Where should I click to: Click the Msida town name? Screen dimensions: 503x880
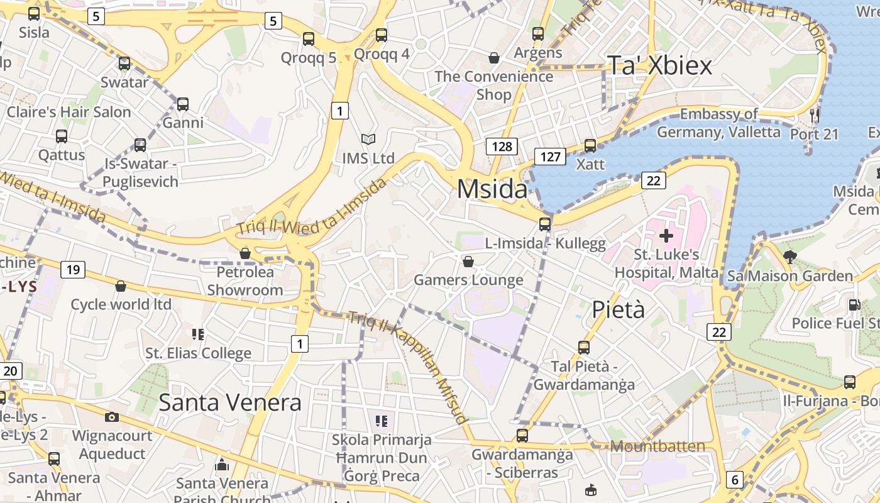pyautogui.click(x=492, y=189)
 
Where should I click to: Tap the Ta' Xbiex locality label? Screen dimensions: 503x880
pyautogui.click(x=659, y=65)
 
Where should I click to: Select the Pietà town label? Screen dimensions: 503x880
pyautogui.click(x=619, y=309)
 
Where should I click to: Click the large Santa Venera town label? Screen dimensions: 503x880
pyautogui.click(x=230, y=402)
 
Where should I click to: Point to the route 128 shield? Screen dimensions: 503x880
pyautogui.click(x=502, y=146)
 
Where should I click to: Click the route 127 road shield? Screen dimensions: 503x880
pyautogui.click(x=550, y=156)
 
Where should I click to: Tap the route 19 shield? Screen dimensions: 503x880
pyautogui.click(x=73, y=270)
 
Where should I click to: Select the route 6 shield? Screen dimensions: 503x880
pyautogui.click(x=734, y=480)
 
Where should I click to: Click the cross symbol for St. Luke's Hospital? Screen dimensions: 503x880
pyautogui.click(x=666, y=236)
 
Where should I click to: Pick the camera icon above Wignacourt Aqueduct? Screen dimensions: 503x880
pyautogui.click(x=112, y=417)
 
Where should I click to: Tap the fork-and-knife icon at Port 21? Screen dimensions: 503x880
pyautogui.click(x=815, y=115)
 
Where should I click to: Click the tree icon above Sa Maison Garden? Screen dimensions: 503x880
pyautogui.click(x=790, y=257)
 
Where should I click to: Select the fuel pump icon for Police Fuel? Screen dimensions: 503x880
pyautogui.click(x=854, y=305)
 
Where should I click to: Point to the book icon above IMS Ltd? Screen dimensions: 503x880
pyautogui.click(x=368, y=140)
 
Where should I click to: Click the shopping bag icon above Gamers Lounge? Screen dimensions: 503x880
pyautogui.click(x=468, y=261)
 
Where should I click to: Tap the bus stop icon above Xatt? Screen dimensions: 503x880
pyautogui.click(x=590, y=146)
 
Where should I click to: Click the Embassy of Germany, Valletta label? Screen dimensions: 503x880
pyautogui.click(x=718, y=123)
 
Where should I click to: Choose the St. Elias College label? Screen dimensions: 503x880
pyautogui.click(x=199, y=353)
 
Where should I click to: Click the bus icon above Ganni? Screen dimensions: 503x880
pyautogui.click(x=183, y=104)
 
